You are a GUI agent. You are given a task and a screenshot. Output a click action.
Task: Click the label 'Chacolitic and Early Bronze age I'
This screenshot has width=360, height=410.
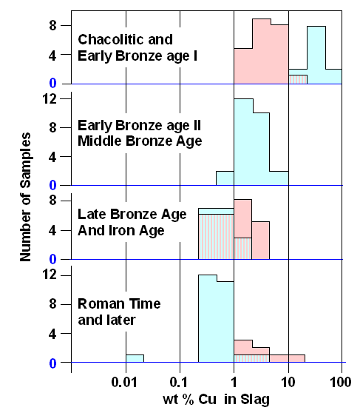(x=125, y=47)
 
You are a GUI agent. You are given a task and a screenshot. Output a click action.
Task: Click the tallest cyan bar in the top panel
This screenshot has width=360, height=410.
(x=316, y=56)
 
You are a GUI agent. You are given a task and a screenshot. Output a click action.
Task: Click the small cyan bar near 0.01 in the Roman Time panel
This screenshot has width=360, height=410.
(x=135, y=359)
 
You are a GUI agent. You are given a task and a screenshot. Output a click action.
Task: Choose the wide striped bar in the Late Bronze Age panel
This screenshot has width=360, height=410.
(x=216, y=236)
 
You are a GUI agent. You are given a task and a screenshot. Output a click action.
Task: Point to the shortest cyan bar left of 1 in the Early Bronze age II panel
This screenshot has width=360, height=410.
(x=225, y=178)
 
